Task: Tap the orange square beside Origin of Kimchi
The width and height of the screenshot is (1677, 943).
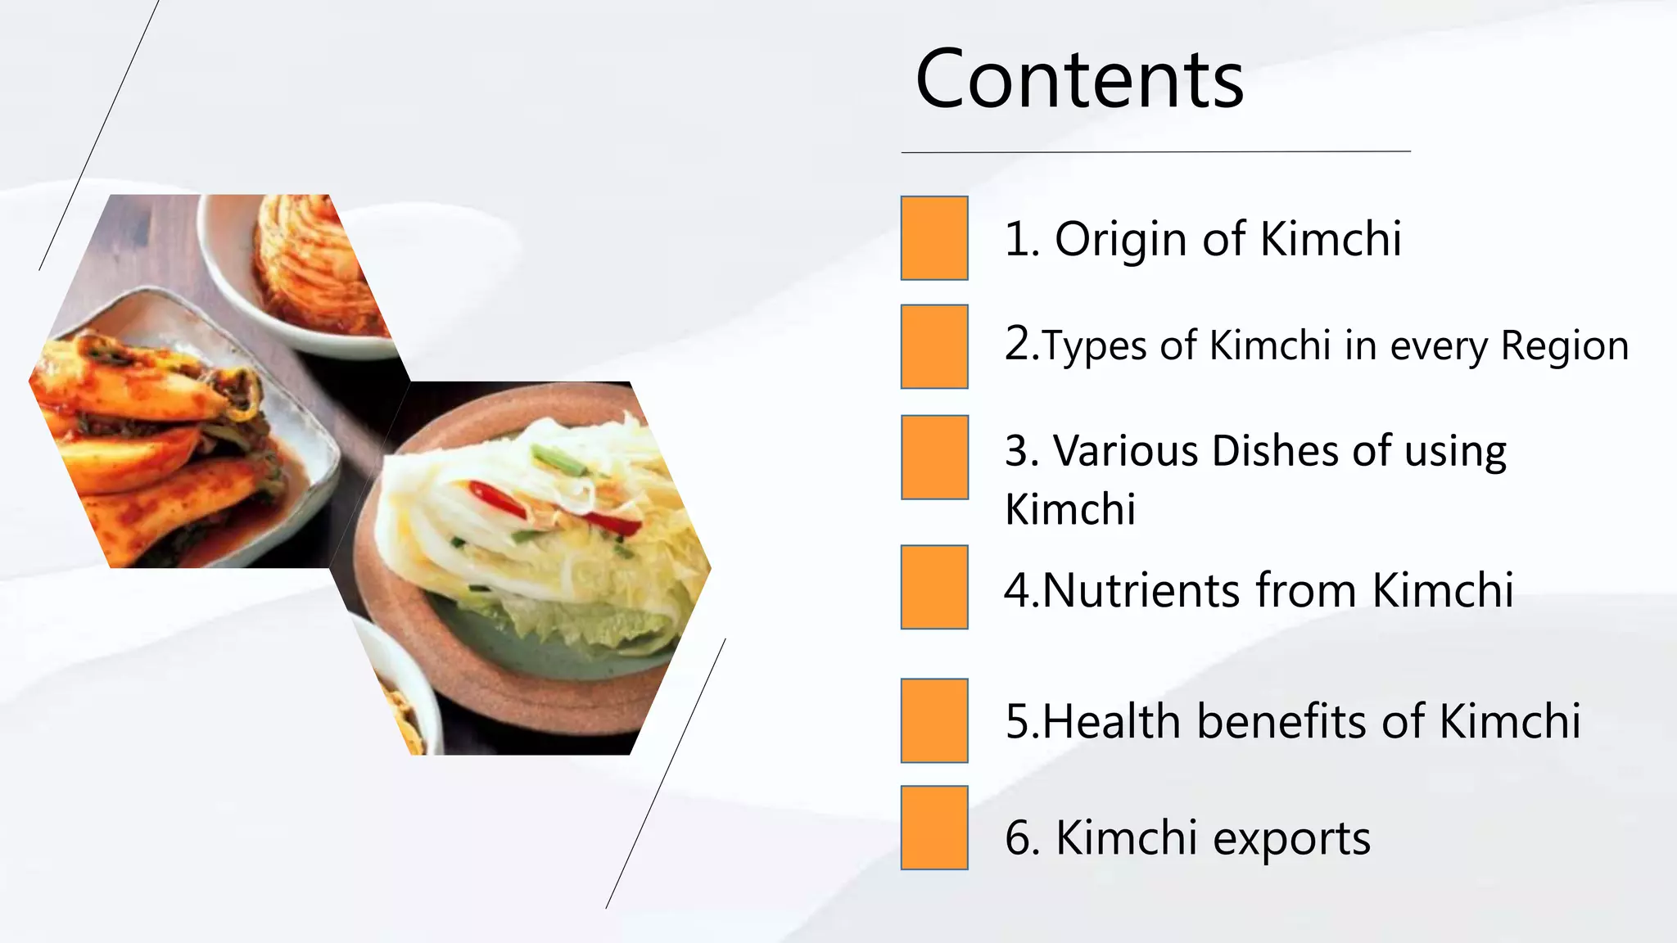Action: click(934, 238)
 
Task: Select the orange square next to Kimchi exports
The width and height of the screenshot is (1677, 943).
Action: click(934, 828)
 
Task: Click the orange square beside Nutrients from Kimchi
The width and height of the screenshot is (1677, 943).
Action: click(934, 587)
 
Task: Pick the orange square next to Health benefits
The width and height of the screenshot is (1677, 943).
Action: click(934, 720)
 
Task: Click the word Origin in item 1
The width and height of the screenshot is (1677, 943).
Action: click(1120, 240)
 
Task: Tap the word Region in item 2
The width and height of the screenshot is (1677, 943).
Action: click(1564, 345)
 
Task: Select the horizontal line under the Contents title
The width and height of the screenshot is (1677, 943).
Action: click(1155, 151)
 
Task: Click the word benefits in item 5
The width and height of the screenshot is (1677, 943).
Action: click(1282, 721)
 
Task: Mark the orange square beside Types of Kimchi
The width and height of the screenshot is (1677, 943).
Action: click(934, 346)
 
